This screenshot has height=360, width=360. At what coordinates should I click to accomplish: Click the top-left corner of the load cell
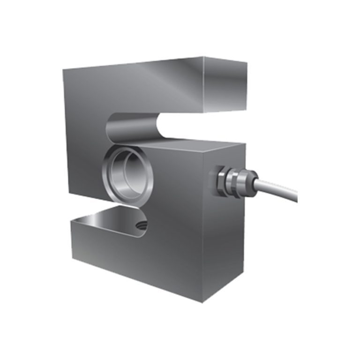(x=63, y=68)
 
